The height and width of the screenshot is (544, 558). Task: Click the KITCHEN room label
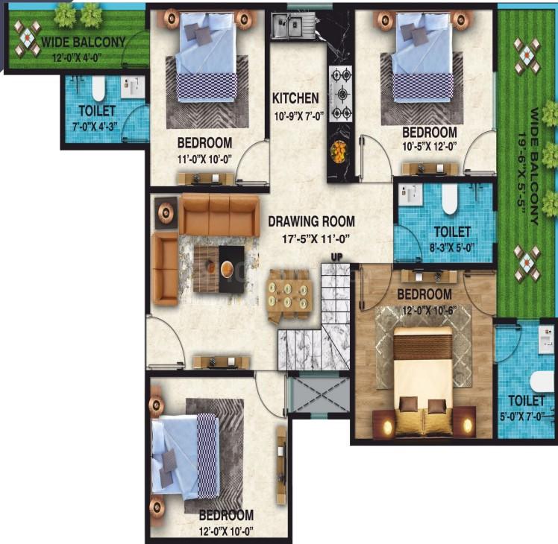tap(295, 98)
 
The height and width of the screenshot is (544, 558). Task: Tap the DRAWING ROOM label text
tap(311, 221)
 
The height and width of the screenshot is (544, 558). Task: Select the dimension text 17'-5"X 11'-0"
tap(315, 239)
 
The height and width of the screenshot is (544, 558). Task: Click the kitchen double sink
tap(292, 25)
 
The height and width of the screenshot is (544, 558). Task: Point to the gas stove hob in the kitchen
tap(341, 93)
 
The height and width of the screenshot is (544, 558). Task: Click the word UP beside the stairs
tap(336, 256)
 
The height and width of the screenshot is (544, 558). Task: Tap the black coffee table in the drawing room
tap(231, 269)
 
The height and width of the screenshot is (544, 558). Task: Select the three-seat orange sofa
tap(219, 215)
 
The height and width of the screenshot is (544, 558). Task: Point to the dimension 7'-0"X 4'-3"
tap(95, 127)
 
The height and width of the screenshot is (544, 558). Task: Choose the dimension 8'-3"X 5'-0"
tap(452, 248)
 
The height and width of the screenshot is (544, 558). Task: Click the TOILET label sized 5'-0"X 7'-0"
tap(527, 401)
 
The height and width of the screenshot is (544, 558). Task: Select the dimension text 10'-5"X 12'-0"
tap(429, 146)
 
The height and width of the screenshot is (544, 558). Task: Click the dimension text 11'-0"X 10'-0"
tap(204, 159)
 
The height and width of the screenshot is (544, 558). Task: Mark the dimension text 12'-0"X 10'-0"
tap(226, 531)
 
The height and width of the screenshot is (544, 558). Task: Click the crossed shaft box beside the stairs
tap(319, 394)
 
